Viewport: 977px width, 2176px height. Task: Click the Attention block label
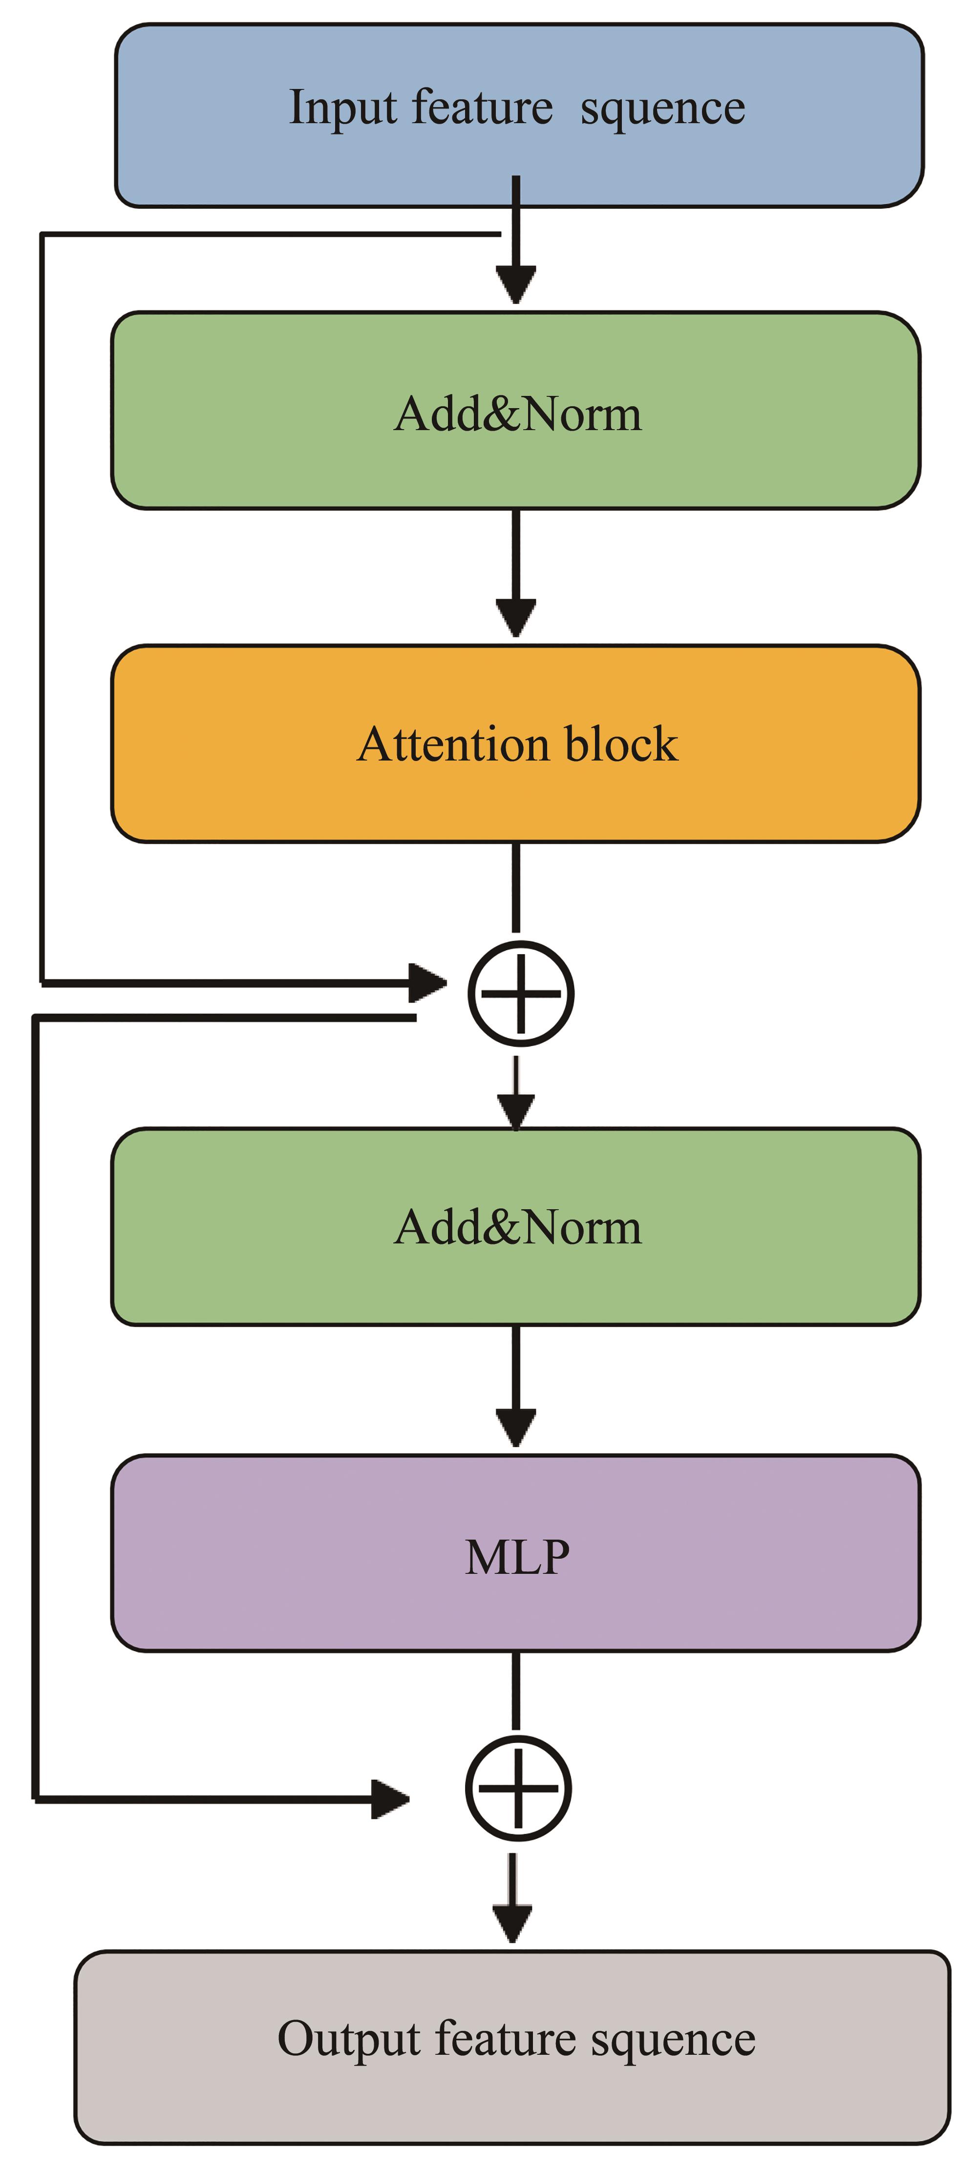[517, 744]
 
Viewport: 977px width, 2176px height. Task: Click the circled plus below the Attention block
[521, 993]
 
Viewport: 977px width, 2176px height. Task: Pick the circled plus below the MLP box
[518, 1788]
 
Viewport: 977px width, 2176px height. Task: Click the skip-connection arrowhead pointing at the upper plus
[428, 982]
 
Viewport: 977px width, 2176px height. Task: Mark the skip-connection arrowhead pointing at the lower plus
[391, 1799]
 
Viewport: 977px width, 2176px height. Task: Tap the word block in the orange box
[621, 744]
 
